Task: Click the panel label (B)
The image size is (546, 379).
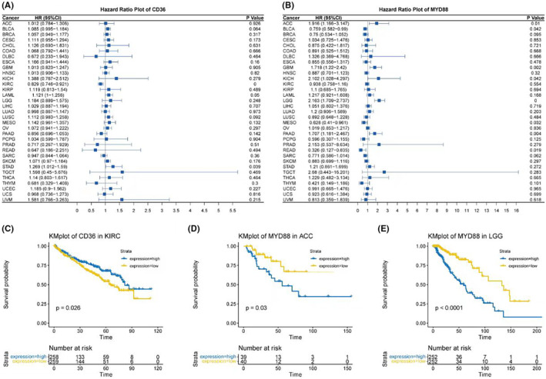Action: (283, 5)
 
